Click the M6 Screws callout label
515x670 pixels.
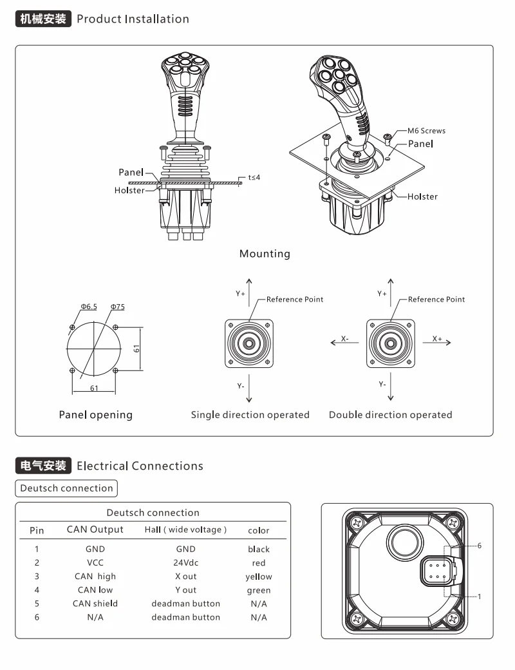(x=426, y=130)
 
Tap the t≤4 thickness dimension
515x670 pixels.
(x=254, y=177)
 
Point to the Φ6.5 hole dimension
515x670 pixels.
(x=89, y=307)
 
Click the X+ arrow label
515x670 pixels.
(x=437, y=338)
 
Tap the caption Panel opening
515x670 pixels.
(x=95, y=414)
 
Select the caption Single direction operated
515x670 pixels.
(x=250, y=414)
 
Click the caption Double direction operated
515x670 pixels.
(x=390, y=414)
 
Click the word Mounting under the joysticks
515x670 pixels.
(x=265, y=253)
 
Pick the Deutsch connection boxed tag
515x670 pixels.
(x=66, y=488)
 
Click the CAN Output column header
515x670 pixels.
(x=95, y=530)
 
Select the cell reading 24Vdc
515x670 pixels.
(x=185, y=562)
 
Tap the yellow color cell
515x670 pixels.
(x=259, y=577)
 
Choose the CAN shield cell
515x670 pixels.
(x=95, y=604)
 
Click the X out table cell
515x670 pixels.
(x=185, y=576)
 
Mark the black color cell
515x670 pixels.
(x=259, y=550)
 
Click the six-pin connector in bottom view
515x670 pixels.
(x=437, y=570)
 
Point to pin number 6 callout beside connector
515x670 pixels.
(x=479, y=545)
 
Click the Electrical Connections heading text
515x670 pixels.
(x=140, y=465)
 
